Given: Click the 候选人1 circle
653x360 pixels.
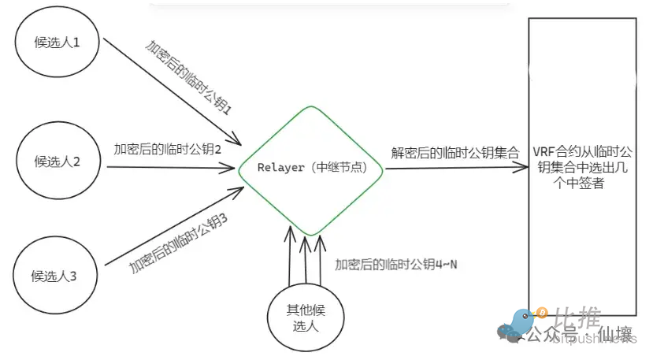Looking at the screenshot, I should click(x=55, y=43).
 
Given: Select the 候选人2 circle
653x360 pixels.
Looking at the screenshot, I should click(x=55, y=162).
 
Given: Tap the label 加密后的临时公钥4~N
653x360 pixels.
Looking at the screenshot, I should click(x=396, y=265).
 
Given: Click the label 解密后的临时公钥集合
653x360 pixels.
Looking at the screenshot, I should click(x=455, y=153).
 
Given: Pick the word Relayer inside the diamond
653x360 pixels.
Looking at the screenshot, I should click(x=280, y=168).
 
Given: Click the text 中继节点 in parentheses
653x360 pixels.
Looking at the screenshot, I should click(x=340, y=168).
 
